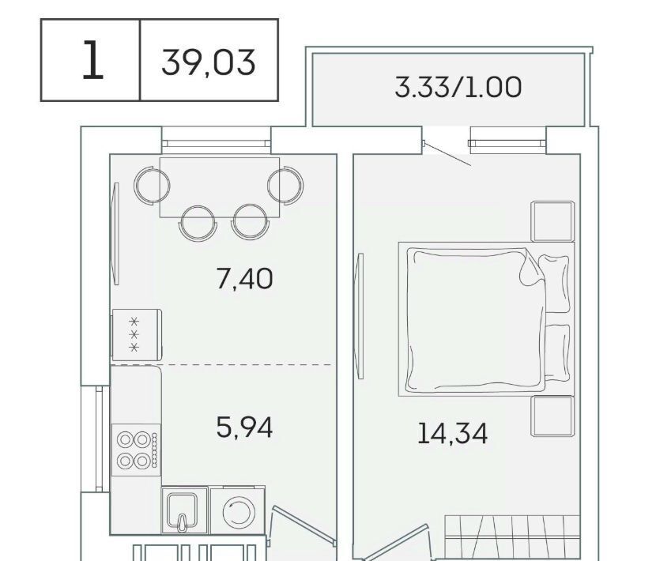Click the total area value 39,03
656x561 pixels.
209,62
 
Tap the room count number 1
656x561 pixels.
92,60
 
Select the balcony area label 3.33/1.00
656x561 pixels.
458,87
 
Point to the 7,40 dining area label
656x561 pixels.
245,279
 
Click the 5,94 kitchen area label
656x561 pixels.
245,427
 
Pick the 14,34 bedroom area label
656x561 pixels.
452,434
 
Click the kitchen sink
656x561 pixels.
182,510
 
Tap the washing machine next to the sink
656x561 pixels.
237,510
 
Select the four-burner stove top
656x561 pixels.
137,450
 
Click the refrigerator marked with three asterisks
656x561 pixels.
137,335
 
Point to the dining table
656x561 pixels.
220,187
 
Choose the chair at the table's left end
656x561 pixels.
152,186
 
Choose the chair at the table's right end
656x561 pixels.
286,186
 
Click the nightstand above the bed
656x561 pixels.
552,221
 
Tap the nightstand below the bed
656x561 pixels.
552,416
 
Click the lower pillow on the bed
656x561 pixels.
558,353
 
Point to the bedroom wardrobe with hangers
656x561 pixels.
512,538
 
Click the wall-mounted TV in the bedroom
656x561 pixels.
359,316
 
